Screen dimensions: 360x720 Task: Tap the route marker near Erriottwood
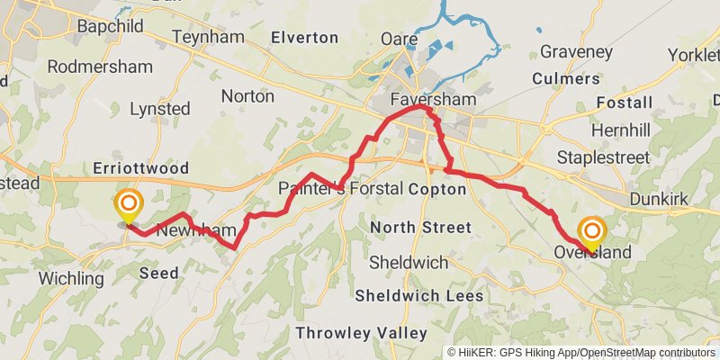coord(129,204)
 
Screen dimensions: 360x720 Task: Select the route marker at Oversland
coord(592,232)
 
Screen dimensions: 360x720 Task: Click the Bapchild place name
coord(110,26)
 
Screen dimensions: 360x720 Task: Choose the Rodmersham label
coord(93,67)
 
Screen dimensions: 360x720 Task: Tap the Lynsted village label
coord(160,108)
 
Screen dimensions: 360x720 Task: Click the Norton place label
coord(247,95)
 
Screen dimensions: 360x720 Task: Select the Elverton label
coord(304,38)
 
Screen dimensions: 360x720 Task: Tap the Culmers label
coord(566,78)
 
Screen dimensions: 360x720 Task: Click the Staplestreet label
coord(603,157)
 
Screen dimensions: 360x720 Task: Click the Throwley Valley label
coord(362,332)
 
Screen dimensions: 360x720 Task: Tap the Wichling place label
coord(71,278)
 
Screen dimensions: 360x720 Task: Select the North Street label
coord(420,227)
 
